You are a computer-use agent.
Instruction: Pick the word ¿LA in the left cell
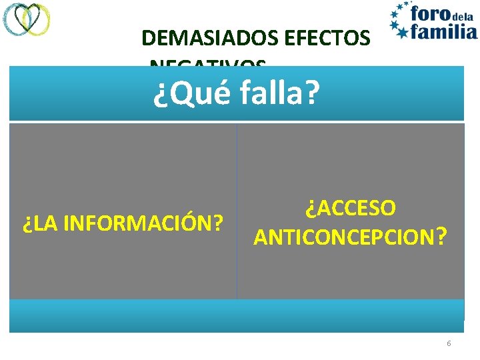coord(36,222)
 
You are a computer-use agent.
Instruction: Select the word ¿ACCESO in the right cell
coord(351,208)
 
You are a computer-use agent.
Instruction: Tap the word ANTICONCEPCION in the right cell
coord(341,237)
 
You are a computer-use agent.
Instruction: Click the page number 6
coord(449,343)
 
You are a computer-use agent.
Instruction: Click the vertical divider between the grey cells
coord(237,211)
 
